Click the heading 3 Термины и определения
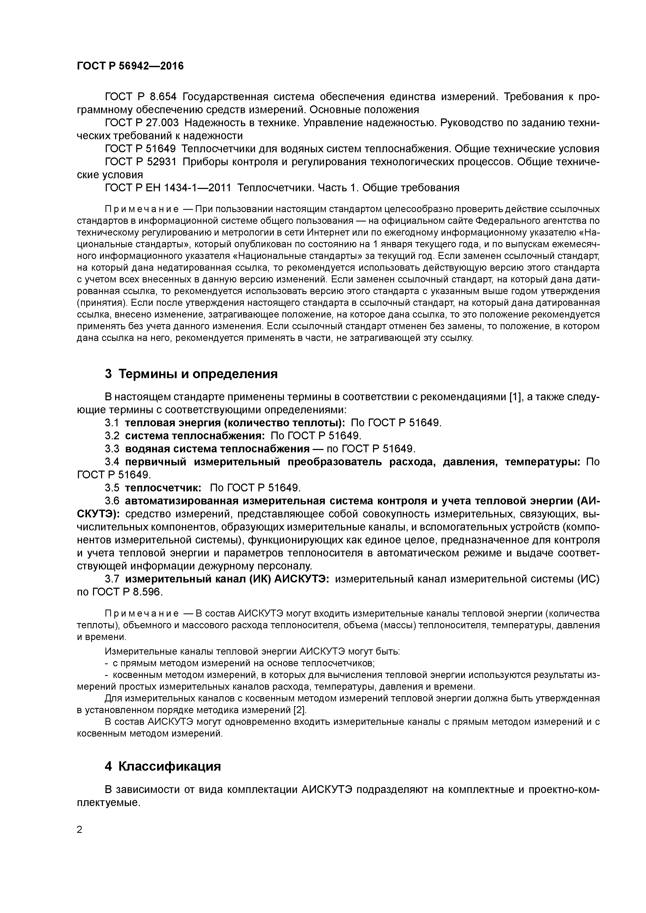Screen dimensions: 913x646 tap(191, 374)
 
